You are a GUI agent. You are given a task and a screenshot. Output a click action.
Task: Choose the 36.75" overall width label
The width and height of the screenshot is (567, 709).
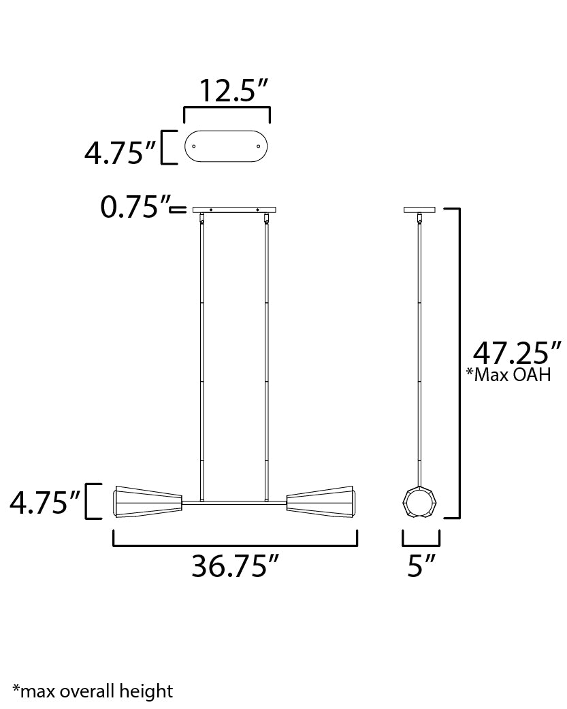click(235, 566)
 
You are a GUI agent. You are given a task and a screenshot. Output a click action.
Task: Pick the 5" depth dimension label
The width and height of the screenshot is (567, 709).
click(421, 566)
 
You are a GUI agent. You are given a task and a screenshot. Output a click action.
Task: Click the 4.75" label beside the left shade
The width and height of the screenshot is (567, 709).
click(45, 504)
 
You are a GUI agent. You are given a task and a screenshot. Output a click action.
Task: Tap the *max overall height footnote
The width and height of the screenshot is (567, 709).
click(93, 692)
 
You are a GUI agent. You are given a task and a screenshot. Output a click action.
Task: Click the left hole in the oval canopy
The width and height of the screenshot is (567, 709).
click(194, 146)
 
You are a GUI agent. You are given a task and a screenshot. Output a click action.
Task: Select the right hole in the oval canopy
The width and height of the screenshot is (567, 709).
click(259, 146)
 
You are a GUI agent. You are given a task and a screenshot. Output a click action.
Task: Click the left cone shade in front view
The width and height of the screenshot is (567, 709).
click(149, 502)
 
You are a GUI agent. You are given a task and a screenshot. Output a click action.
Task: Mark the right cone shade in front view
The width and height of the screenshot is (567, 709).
click(321, 502)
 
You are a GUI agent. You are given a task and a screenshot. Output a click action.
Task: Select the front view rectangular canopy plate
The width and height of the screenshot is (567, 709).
click(234, 210)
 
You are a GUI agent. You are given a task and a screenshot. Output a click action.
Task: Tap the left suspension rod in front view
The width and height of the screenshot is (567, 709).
click(201, 354)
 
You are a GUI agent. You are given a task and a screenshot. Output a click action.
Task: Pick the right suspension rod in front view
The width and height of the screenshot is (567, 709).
click(265, 354)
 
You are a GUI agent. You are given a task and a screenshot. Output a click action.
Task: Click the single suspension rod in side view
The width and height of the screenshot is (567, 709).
click(419, 354)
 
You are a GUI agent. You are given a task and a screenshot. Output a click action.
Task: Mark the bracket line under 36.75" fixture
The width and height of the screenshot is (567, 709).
click(235, 545)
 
